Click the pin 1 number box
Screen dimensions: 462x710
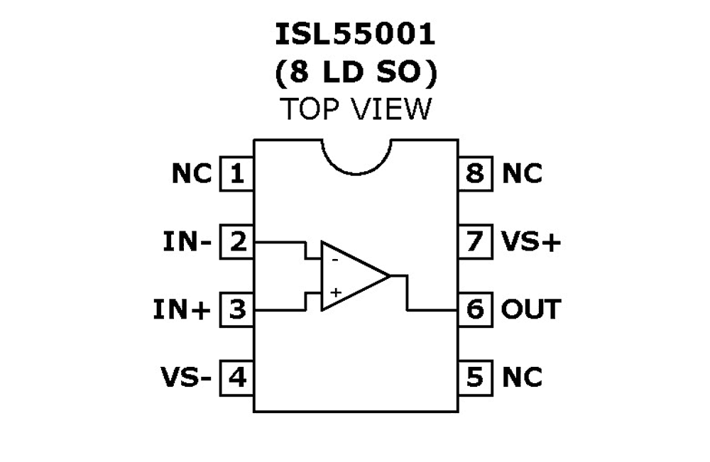236,173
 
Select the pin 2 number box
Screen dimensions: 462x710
236,242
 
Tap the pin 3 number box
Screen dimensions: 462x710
236,309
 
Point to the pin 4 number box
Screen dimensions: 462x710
236,377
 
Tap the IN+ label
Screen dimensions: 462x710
182,310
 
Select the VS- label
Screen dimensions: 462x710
186,377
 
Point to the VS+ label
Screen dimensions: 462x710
531,242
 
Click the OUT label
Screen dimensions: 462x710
531,309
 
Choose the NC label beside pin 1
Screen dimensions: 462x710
192,173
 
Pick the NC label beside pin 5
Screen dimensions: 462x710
522,377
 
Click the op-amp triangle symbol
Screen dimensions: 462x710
351,276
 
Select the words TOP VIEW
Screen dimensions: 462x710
356,109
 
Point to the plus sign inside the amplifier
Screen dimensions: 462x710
336,292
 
